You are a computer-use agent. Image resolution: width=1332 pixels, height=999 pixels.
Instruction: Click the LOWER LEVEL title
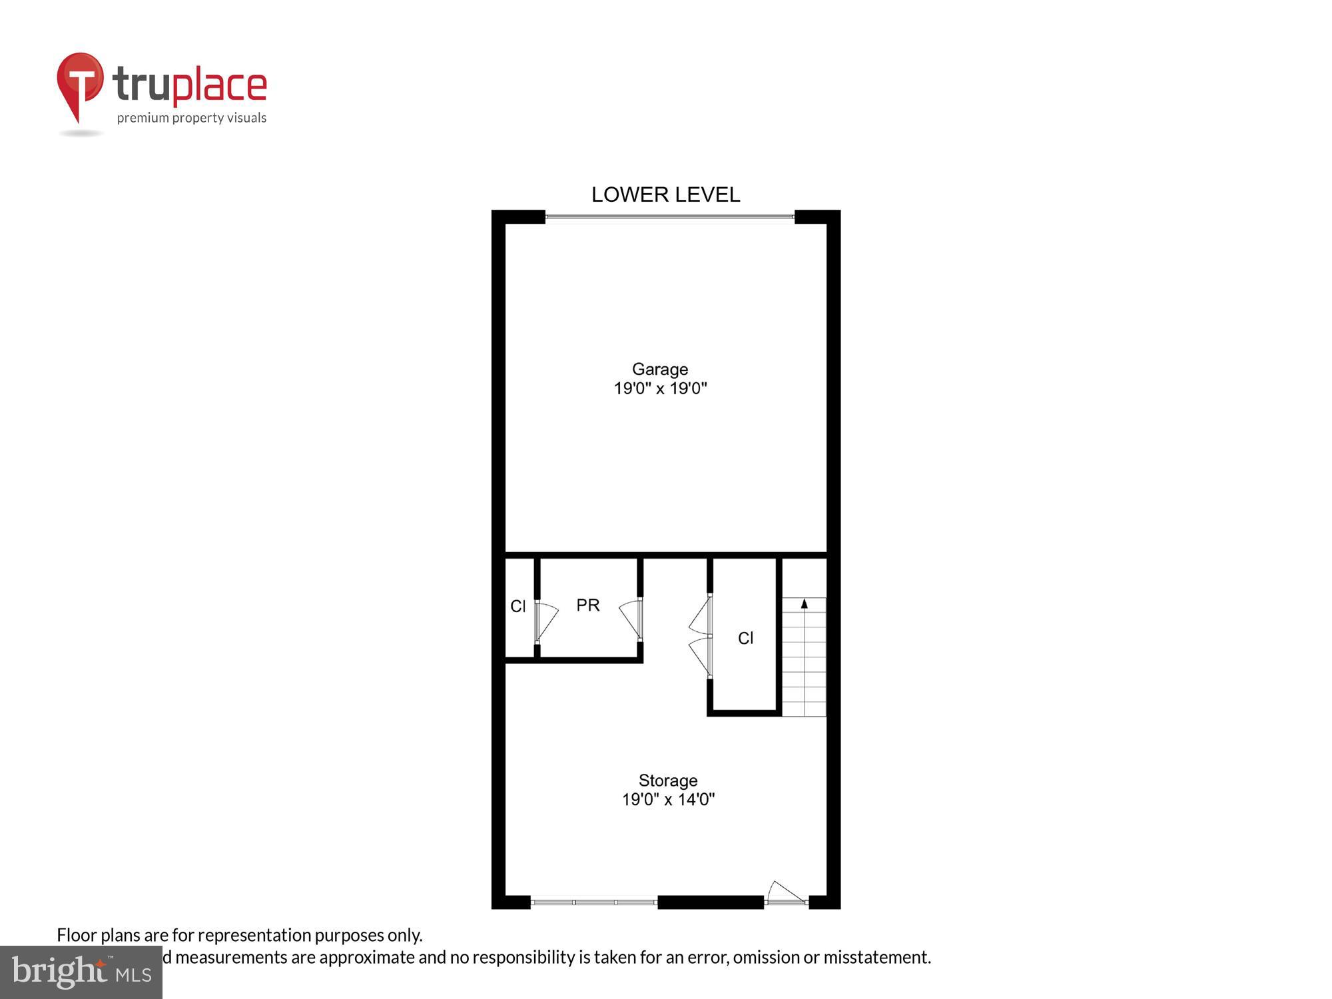(665, 194)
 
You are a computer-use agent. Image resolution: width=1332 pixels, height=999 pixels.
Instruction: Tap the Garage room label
(659, 369)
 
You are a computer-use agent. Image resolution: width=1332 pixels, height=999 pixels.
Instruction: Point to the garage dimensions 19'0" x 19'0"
(659, 388)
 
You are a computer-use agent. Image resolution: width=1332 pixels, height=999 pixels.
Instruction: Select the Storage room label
(667, 781)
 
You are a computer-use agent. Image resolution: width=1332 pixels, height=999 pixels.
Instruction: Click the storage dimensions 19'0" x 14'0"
(667, 799)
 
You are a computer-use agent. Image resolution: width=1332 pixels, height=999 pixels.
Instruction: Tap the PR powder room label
(587, 605)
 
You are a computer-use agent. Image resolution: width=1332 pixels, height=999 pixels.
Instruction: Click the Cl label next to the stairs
(745, 638)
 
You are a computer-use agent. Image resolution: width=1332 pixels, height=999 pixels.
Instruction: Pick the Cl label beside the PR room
(517, 606)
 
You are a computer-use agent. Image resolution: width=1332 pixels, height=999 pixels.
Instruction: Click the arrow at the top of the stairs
(804, 603)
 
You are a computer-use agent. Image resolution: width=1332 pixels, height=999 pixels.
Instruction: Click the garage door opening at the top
(669, 217)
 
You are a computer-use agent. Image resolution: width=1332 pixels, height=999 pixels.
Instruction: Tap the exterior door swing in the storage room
(786, 893)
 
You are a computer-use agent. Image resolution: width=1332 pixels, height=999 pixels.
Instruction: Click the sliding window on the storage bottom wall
(594, 902)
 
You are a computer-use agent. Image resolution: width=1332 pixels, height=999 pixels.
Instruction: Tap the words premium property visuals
(192, 119)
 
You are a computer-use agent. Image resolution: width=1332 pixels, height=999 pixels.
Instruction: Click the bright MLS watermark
(81, 972)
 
